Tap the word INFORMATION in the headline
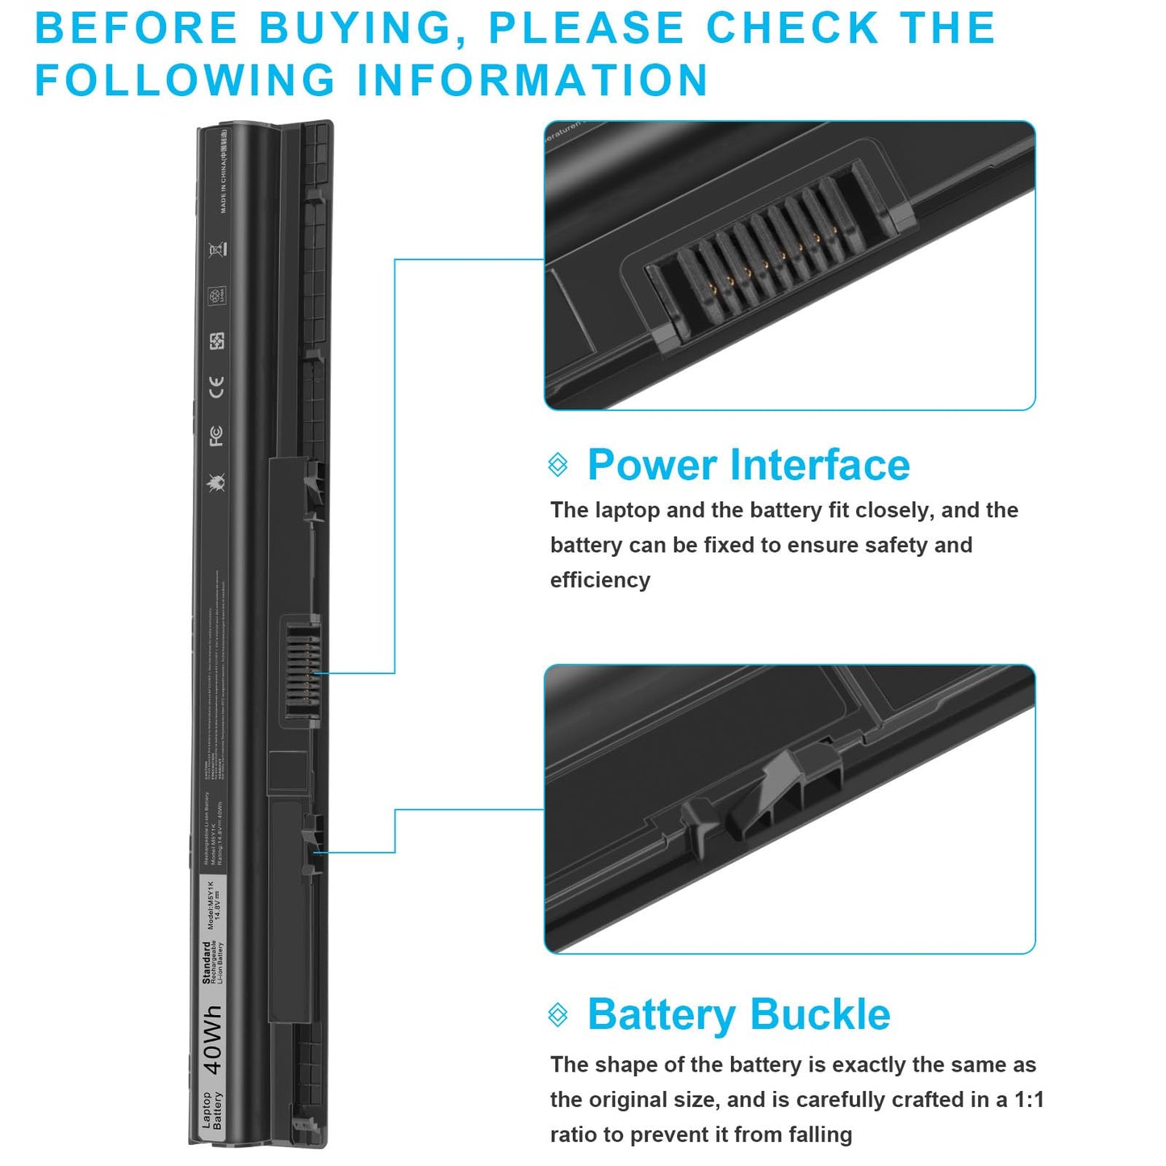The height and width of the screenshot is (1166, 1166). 533,81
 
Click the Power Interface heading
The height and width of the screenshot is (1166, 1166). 748,465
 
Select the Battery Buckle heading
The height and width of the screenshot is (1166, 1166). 738,1014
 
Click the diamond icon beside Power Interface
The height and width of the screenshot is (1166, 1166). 558,465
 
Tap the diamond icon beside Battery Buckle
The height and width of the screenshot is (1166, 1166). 558,1014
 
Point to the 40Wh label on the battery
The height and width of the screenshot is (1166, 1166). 212,1039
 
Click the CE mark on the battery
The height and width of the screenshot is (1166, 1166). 216,387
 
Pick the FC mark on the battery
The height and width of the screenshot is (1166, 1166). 216,436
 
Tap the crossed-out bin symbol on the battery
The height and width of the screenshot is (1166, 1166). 215,249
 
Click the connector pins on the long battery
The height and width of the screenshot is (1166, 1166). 302,670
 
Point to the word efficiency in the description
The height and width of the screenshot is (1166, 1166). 600,580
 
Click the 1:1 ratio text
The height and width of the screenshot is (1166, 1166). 1029,1100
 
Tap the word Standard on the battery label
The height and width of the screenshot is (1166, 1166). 207,962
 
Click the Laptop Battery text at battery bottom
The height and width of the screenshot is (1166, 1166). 211,1111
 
